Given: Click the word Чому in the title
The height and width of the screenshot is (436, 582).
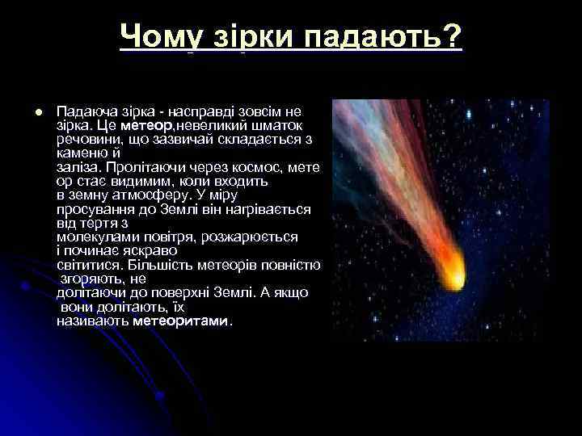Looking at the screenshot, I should click(x=159, y=36).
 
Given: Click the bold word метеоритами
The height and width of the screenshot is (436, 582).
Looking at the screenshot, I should click(x=181, y=321).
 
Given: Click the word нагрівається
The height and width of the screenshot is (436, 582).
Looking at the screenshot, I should click(x=270, y=209).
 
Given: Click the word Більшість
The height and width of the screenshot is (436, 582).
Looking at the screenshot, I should click(x=159, y=264).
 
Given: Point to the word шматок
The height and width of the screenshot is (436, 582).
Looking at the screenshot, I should click(x=277, y=126).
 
